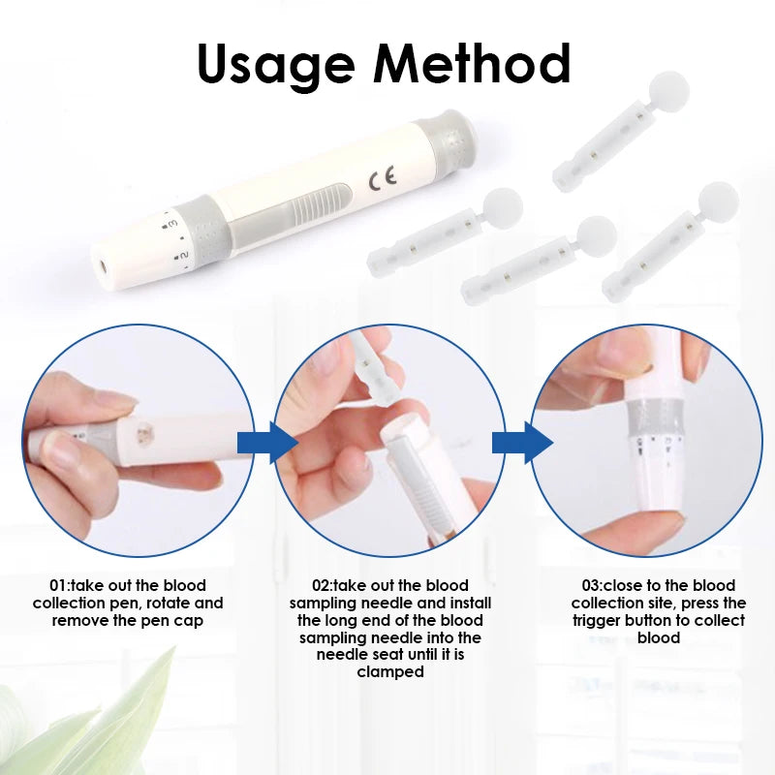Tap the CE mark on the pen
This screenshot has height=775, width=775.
383,179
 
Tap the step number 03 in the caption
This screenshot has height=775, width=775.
592,586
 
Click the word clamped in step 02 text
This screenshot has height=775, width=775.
389,672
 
